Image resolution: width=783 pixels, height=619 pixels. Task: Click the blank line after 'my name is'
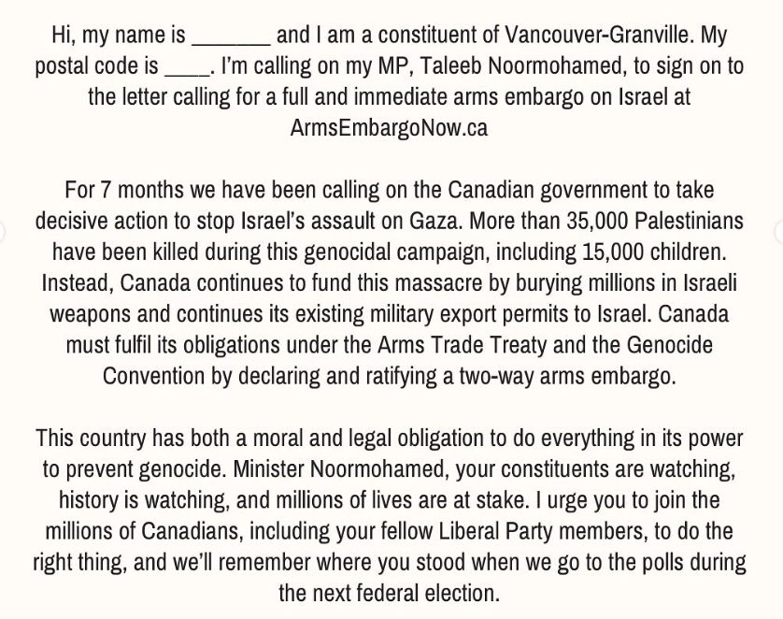point(231,39)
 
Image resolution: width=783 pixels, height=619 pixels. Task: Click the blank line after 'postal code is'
point(187,70)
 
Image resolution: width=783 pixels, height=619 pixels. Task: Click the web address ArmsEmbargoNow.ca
point(389,128)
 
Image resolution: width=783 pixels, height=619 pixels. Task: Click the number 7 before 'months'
point(106,190)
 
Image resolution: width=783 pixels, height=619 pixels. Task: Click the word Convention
point(153,375)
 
